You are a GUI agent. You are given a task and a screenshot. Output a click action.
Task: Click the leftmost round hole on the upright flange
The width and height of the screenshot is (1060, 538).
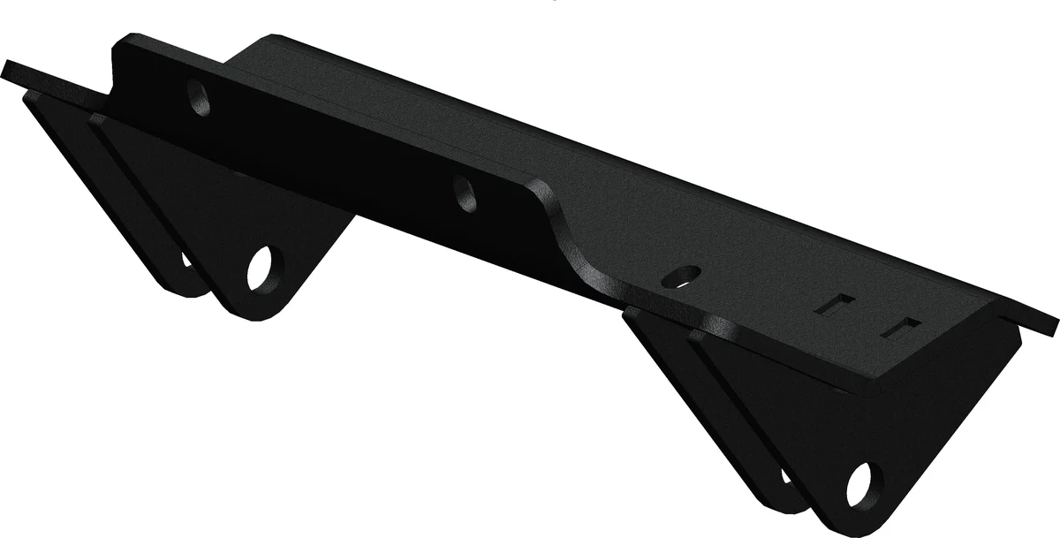click(200, 98)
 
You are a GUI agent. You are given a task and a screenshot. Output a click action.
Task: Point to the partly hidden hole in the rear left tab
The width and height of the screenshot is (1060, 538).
click(186, 260)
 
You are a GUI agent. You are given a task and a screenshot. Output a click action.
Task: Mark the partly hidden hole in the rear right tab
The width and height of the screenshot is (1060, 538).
click(785, 476)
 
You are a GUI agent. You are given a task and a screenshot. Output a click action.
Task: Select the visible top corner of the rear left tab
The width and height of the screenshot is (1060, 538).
click(32, 95)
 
